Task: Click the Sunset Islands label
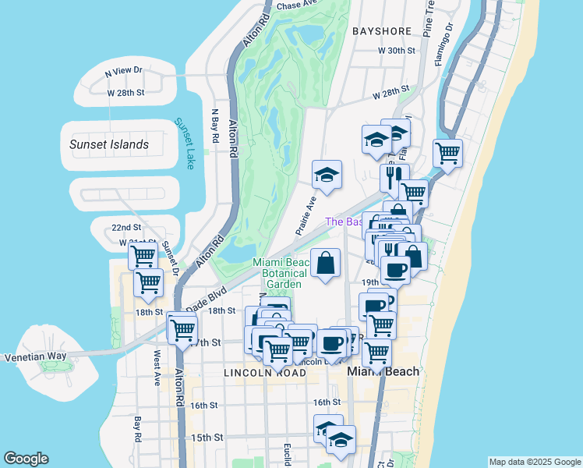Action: click(x=108, y=144)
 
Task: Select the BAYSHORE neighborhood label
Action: click(x=381, y=31)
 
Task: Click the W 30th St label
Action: click(x=397, y=51)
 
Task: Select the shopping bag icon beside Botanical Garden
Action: click(x=326, y=263)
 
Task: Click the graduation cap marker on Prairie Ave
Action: click(x=327, y=176)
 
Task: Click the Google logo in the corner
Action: click(x=26, y=459)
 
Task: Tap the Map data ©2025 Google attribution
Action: click(x=534, y=462)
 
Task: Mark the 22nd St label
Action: click(x=125, y=227)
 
